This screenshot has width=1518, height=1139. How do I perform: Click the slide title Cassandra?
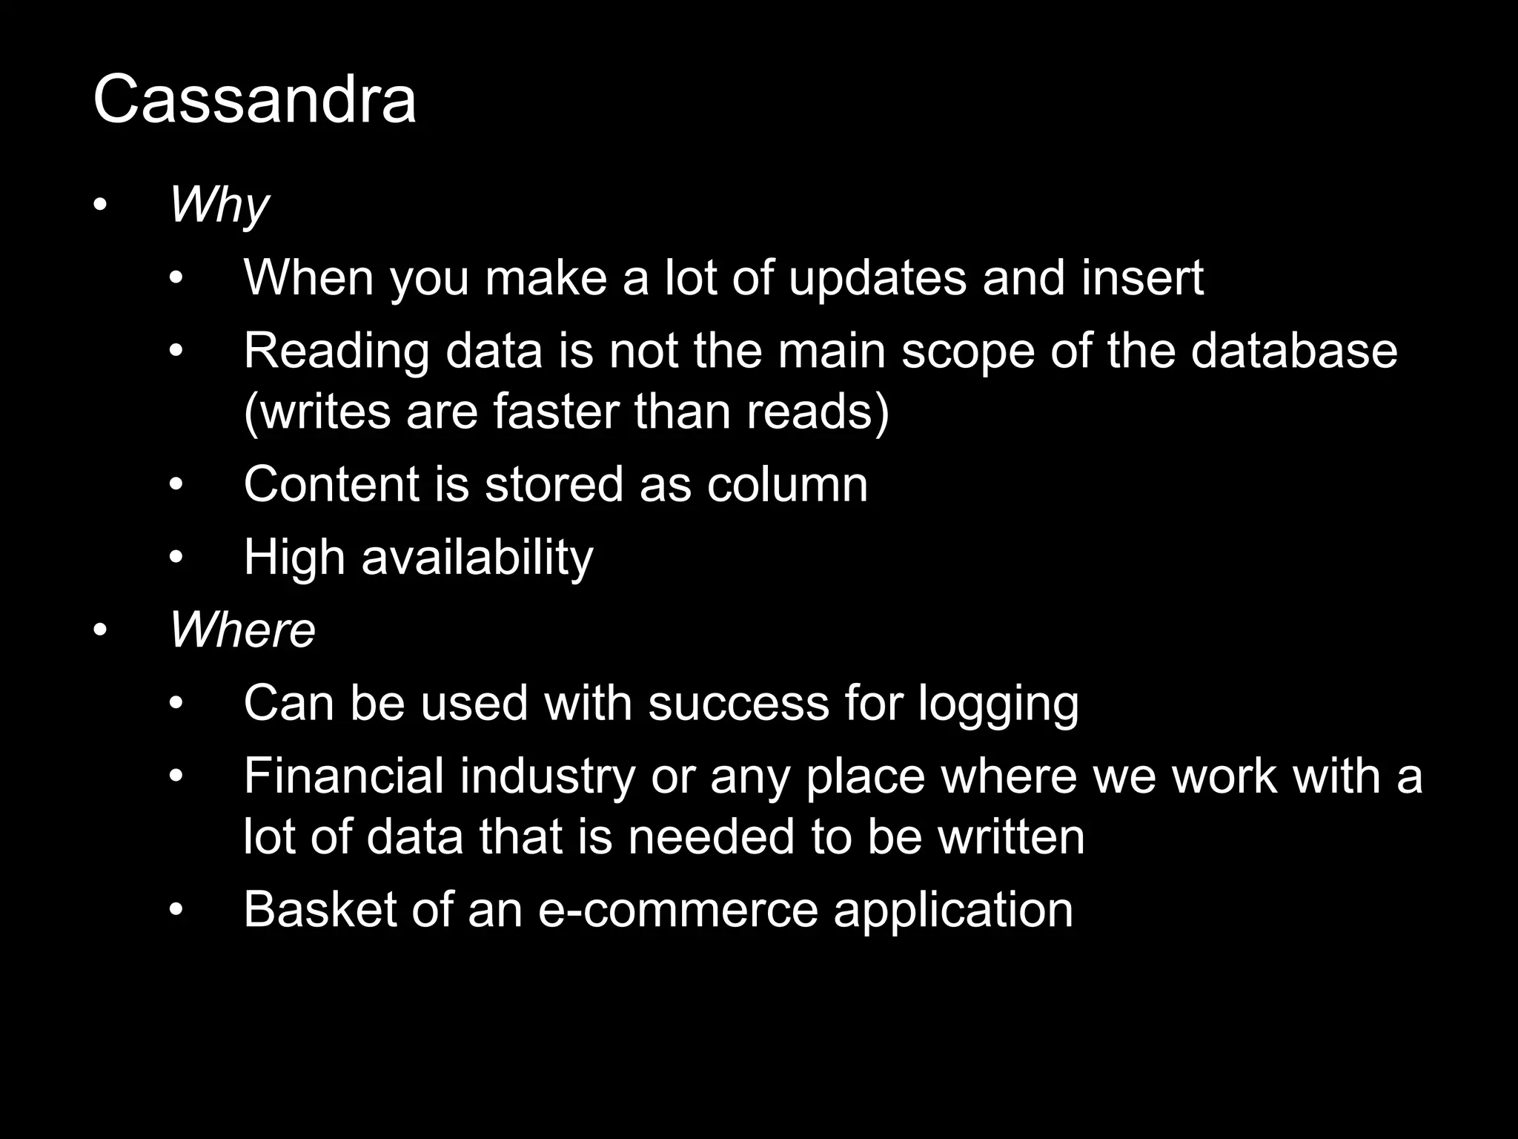click(x=254, y=100)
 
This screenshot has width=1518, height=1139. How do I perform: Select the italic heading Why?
click(x=219, y=205)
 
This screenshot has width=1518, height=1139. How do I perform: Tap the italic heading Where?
click(x=242, y=630)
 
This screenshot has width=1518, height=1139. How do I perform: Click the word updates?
click(x=878, y=278)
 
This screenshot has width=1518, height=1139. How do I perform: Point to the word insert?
click(x=1142, y=278)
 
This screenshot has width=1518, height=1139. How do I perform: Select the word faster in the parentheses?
click(x=555, y=412)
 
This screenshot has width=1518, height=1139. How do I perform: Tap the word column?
click(x=787, y=484)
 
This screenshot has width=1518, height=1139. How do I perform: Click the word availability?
click(x=477, y=558)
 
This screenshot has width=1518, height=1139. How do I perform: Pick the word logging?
click(x=998, y=703)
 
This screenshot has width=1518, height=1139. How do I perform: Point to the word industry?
click(x=547, y=776)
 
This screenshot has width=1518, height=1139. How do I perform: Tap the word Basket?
click(x=320, y=909)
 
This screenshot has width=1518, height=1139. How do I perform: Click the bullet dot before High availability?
click(x=176, y=558)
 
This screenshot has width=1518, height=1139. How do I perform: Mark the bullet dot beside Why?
click(x=101, y=205)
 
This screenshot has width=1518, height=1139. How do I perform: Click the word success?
click(x=738, y=703)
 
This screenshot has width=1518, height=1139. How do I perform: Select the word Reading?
click(x=337, y=352)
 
